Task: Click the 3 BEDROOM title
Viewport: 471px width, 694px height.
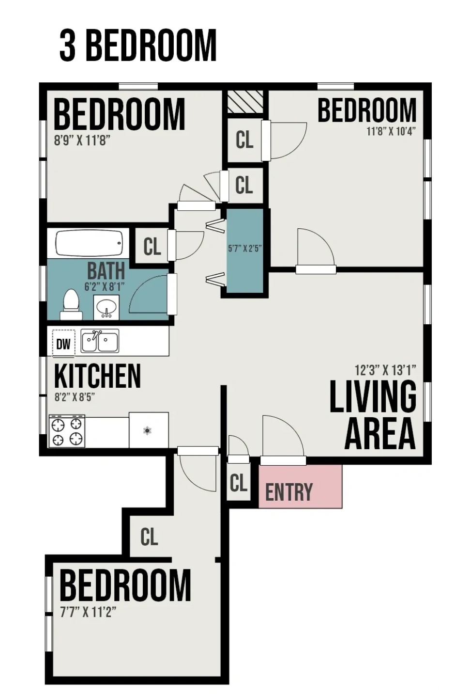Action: (x=137, y=46)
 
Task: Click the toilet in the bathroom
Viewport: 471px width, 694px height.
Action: (x=71, y=304)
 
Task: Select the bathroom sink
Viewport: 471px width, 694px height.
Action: (x=106, y=307)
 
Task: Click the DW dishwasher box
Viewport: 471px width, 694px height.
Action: (x=64, y=344)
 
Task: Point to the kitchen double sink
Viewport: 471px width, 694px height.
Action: (x=100, y=341)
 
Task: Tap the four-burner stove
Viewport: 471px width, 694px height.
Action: (x=67, y=431)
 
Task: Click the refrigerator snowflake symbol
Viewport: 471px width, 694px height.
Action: (x=147, y=430)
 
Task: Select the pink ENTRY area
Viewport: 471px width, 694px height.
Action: (x=300, y=487)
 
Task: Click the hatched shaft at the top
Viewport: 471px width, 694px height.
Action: (x=245, y=102)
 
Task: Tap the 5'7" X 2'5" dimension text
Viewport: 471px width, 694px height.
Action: (x=245, y=249)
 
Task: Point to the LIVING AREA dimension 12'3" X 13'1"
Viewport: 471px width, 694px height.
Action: (x=385, y=370)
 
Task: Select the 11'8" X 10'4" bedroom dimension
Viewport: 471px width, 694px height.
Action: (x=391, y=131)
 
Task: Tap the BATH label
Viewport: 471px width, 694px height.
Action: (x=106, y=271)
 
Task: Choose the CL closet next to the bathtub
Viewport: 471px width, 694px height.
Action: (x=152, y=246)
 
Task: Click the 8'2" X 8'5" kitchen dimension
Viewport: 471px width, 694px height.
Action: (x=75, y=397)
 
